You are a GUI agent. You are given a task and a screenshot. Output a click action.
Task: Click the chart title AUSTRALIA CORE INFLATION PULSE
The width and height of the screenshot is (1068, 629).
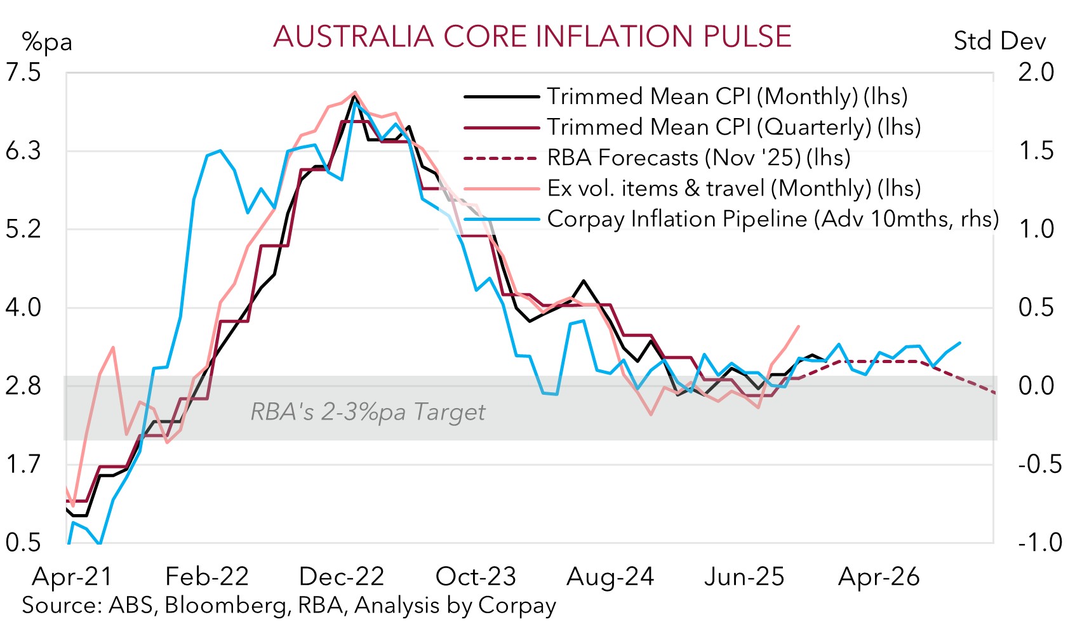pos(532,37)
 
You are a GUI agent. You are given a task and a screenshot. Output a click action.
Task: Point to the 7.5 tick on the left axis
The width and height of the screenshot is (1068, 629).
pos(23,72)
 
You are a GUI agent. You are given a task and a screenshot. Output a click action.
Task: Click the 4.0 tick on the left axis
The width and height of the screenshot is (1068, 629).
pos(23,308)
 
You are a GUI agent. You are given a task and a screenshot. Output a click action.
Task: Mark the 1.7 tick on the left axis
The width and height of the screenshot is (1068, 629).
pos(23,465)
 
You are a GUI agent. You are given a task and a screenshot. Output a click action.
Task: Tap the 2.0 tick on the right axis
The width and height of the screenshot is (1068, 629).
pos(1036,72)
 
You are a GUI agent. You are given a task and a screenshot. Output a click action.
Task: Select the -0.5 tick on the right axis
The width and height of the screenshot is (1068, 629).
pos(1039,465)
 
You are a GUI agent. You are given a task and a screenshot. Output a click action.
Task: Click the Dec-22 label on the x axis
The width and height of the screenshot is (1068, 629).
pos(342,577)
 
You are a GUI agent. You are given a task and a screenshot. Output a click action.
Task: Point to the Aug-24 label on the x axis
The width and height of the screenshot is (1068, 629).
pos(610,577)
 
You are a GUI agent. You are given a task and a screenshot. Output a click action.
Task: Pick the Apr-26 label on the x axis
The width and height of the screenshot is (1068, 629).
pos(879,577)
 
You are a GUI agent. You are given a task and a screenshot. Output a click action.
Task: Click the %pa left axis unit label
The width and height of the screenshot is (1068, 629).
pos(47,42)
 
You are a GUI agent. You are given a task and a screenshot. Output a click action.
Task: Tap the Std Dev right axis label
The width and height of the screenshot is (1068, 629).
pos(999,41)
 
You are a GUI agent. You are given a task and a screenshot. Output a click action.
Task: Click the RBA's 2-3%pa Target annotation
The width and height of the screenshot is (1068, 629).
pos(368,413)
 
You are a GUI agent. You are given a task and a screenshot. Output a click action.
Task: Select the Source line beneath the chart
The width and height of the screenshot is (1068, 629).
pos(289,606)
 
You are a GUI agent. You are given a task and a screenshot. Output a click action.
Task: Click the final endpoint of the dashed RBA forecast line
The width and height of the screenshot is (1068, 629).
pos(994,393)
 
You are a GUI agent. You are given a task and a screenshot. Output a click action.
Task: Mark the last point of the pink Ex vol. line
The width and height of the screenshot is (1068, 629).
pos(799,326)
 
